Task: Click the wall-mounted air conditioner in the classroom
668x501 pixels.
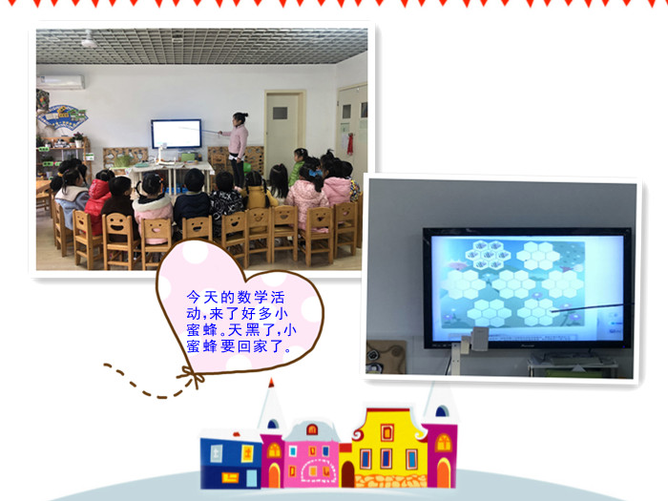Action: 60,82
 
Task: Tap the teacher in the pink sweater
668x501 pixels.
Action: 237,147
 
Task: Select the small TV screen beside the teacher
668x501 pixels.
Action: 177,134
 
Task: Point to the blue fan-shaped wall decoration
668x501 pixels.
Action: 63,117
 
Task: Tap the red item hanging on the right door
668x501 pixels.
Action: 350,144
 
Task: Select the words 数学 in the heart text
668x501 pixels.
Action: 252,297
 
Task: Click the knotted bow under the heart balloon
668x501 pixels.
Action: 192,377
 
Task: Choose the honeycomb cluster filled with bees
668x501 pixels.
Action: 488,255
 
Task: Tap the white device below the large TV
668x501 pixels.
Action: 479,339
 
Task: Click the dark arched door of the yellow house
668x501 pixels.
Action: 347,474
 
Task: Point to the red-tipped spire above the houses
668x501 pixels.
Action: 271,403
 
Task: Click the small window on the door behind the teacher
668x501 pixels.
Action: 280,113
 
